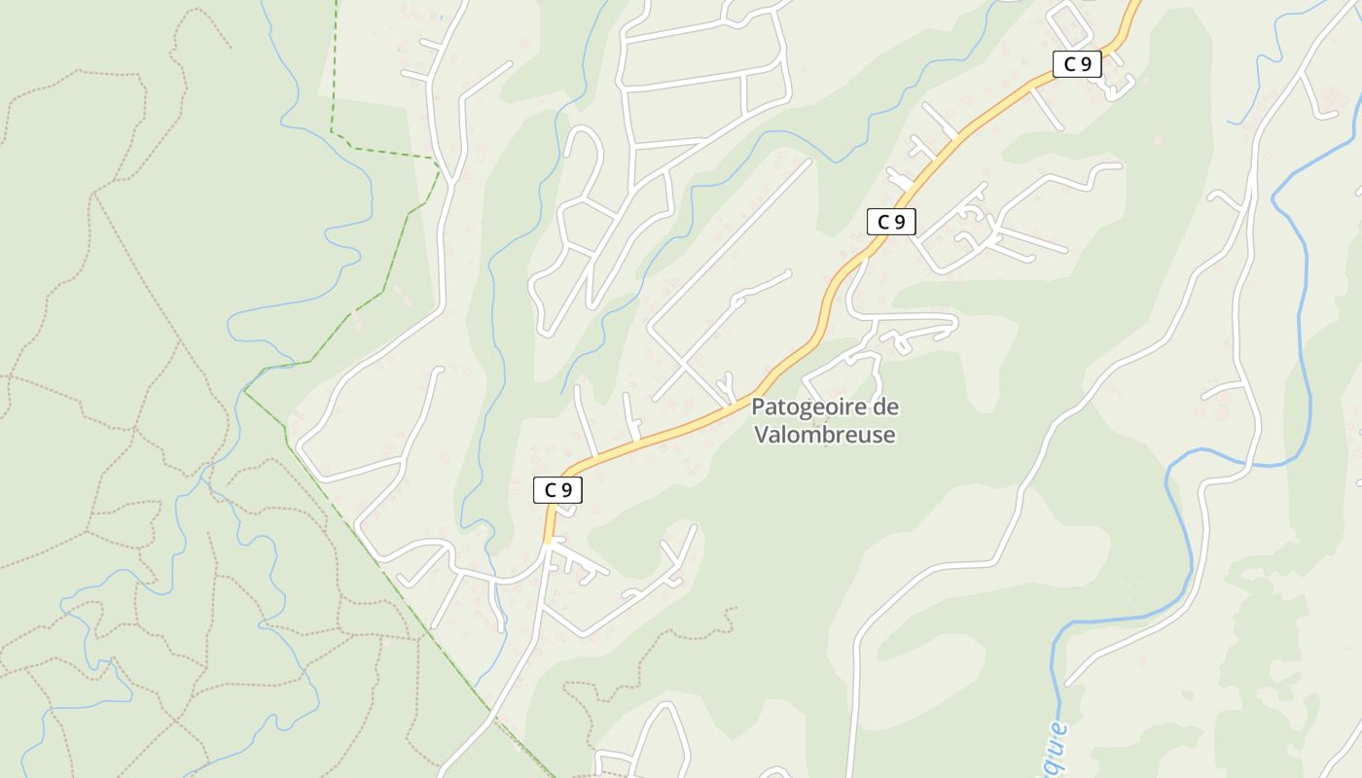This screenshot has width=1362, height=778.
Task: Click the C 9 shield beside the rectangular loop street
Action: pyautogui.click(x=1077, y=65)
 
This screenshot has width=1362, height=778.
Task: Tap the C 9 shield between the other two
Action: pyautogui.click(x=890, y=222)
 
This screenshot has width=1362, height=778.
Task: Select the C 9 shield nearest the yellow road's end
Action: pyautogui.click(x=557, y=491)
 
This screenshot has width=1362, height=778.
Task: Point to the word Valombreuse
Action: pyautogui.click(x=825, y=435)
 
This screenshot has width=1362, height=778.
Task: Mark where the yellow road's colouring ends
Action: pyautogui.click(x=548, y=540)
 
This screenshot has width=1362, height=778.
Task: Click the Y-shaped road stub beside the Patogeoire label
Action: pyautogui.click(x=725, y=384)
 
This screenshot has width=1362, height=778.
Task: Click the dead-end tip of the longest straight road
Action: pyautogui.click(x=807, y=162)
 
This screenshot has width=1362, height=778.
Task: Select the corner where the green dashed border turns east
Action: pyautogui.click(x=332, y=129)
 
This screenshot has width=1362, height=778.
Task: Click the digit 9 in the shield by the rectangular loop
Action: pyautogui.click(x=1087, y=65)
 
